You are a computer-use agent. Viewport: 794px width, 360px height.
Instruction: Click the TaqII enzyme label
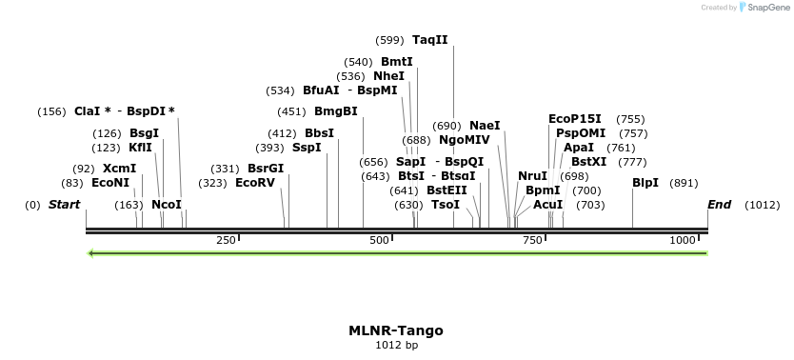click(429, 40)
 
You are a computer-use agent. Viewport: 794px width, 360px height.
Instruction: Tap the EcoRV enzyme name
click(254, 183)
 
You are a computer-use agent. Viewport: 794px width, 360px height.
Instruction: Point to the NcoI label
click(167, 205)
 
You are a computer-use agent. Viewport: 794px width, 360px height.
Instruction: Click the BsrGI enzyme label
click(266, 169)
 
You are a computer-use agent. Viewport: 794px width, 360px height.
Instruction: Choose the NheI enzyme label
click(388, 76)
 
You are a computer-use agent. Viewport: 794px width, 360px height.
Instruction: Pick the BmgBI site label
click(336, 111)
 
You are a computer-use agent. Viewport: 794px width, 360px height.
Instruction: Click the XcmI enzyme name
click(120, 169)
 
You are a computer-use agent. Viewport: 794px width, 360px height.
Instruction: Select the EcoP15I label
click(575, 119)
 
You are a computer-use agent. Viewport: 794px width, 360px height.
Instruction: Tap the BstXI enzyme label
click(588, 162)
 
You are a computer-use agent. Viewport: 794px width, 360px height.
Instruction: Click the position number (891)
click(684, 183)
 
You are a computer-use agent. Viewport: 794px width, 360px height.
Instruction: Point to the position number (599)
click(390, 40)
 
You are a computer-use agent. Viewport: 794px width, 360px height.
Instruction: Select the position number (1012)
click(762, 205)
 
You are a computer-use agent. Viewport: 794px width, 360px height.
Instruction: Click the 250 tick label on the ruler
click(226, 241)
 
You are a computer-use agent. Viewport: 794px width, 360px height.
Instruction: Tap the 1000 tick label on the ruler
click(683, 241)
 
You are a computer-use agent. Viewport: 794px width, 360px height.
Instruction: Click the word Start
click(64, 205)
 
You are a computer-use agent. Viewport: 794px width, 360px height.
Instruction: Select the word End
click(719, 205)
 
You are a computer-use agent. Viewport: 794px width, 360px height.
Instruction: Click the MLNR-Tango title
click(396, 330)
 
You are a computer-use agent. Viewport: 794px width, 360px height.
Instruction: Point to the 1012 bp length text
click(396, 345)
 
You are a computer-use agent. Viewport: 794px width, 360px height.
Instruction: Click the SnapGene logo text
click(769, 8)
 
